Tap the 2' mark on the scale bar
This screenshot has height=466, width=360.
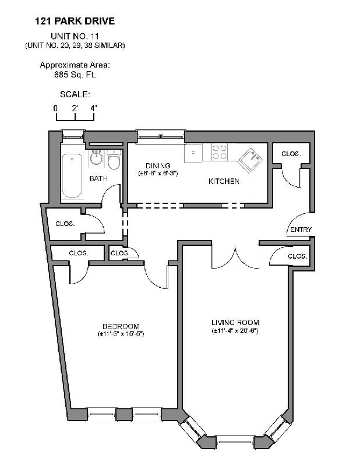click(x=75, y=108)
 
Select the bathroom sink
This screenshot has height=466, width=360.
click(x=97, y=158)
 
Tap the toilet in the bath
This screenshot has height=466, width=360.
click(x=114, y=159)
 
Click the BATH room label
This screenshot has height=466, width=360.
click(x=98, y=179)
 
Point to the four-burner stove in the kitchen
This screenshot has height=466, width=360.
click(x=219, y=152)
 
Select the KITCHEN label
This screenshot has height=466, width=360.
click(x=224, y=182)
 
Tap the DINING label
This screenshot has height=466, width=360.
click(x=157, y=166)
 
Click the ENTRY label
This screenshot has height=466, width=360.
click(x=301, y=230)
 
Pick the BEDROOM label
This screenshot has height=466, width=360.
click(x=121, y=326)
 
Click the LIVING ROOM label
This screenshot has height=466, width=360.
click(x=235, y=323)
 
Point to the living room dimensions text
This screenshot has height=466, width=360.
click(x=235, y=331)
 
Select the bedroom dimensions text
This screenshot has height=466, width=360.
click(x=121, y=334)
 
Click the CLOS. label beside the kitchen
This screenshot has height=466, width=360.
click(x=291, y=154)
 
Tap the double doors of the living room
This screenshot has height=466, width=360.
click(x=234, y=257)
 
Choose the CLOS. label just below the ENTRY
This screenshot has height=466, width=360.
click(x=297, y=256)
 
